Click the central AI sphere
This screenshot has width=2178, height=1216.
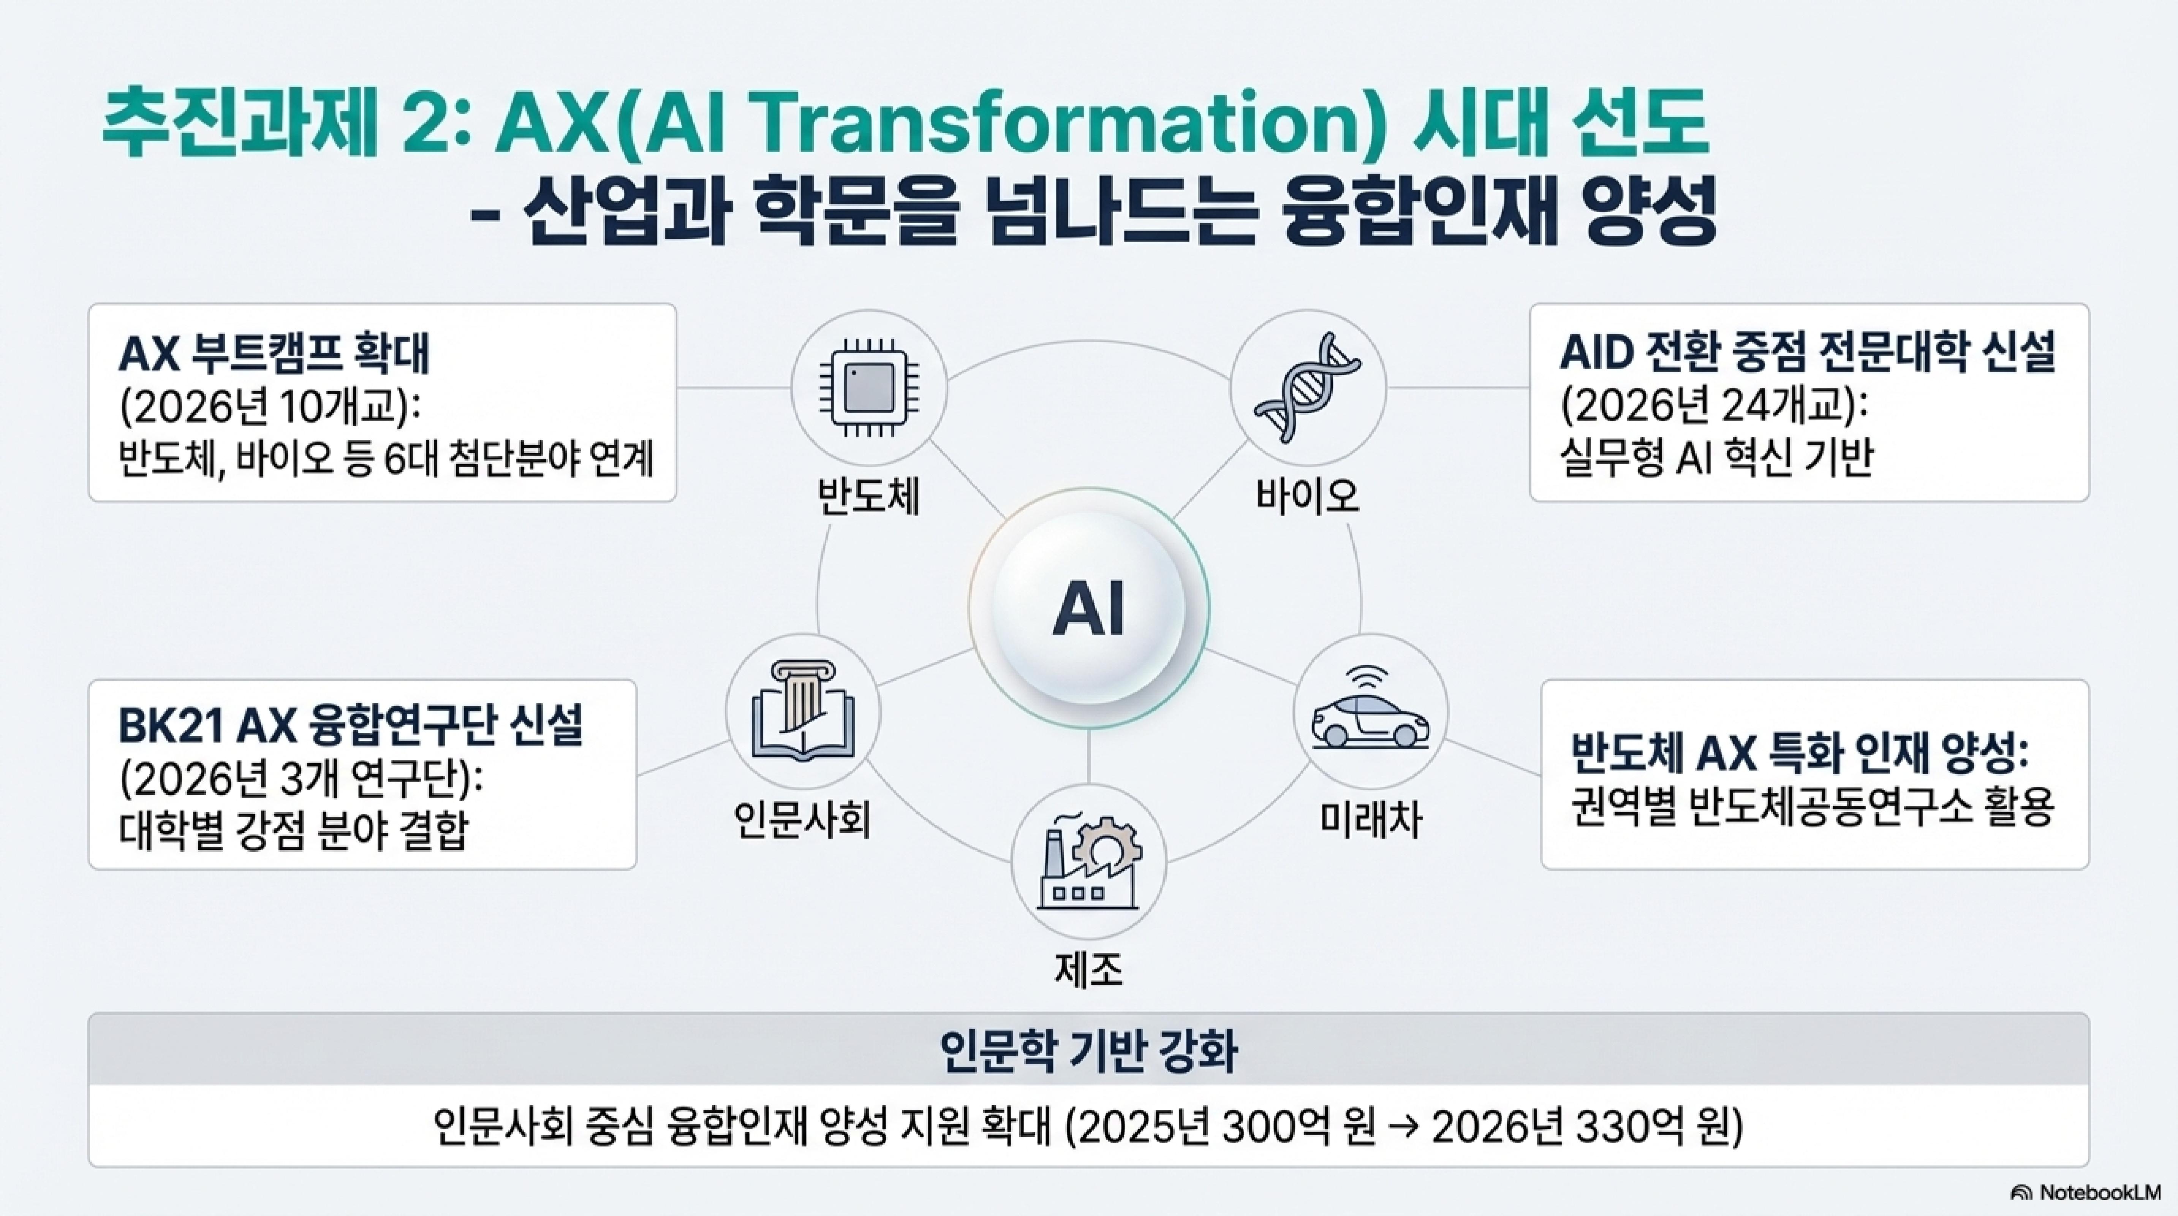click(x=1089, y=607)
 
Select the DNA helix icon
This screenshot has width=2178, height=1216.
click(x=1307, y=387)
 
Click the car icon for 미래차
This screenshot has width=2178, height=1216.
click(x=1370, y=712)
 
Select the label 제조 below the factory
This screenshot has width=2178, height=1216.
click(x=1089, y=970)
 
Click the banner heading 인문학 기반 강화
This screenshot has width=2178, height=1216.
click(x=1089, y=1051)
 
